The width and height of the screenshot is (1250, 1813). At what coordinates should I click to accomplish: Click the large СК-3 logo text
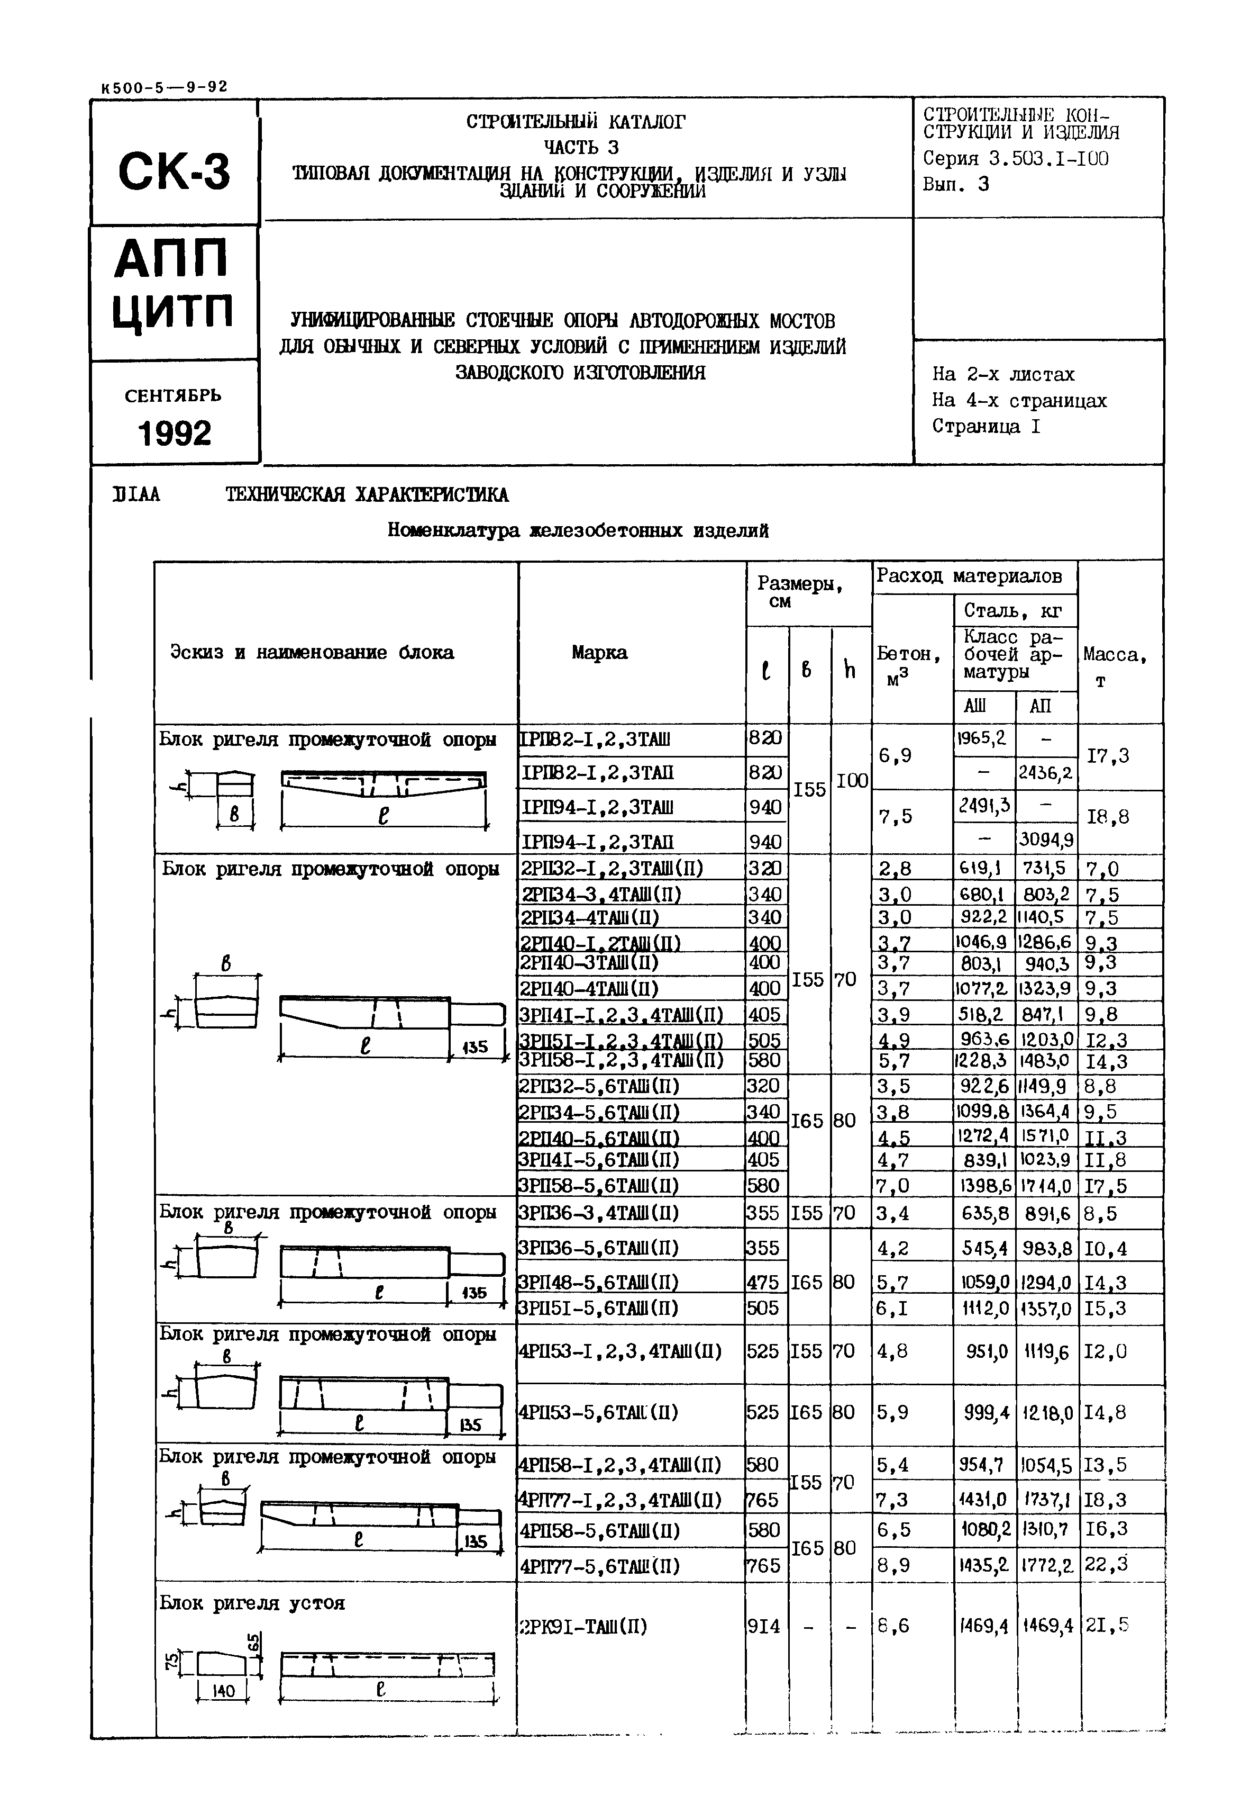[x=174, y=172]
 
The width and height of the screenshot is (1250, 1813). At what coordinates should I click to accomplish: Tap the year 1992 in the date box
[x=175, y=434]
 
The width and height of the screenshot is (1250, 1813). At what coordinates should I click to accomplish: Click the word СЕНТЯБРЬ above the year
[x=173, y=395]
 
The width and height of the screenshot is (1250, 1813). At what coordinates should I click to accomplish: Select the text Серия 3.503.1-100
[x=1015, y=158]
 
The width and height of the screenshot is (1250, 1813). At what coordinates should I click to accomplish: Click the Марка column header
[x=599, y=653]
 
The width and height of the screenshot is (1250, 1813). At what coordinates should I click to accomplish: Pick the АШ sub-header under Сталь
[x=975, y=706]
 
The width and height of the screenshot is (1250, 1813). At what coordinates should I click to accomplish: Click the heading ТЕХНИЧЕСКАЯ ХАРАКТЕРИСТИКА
[x=367, y=495]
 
